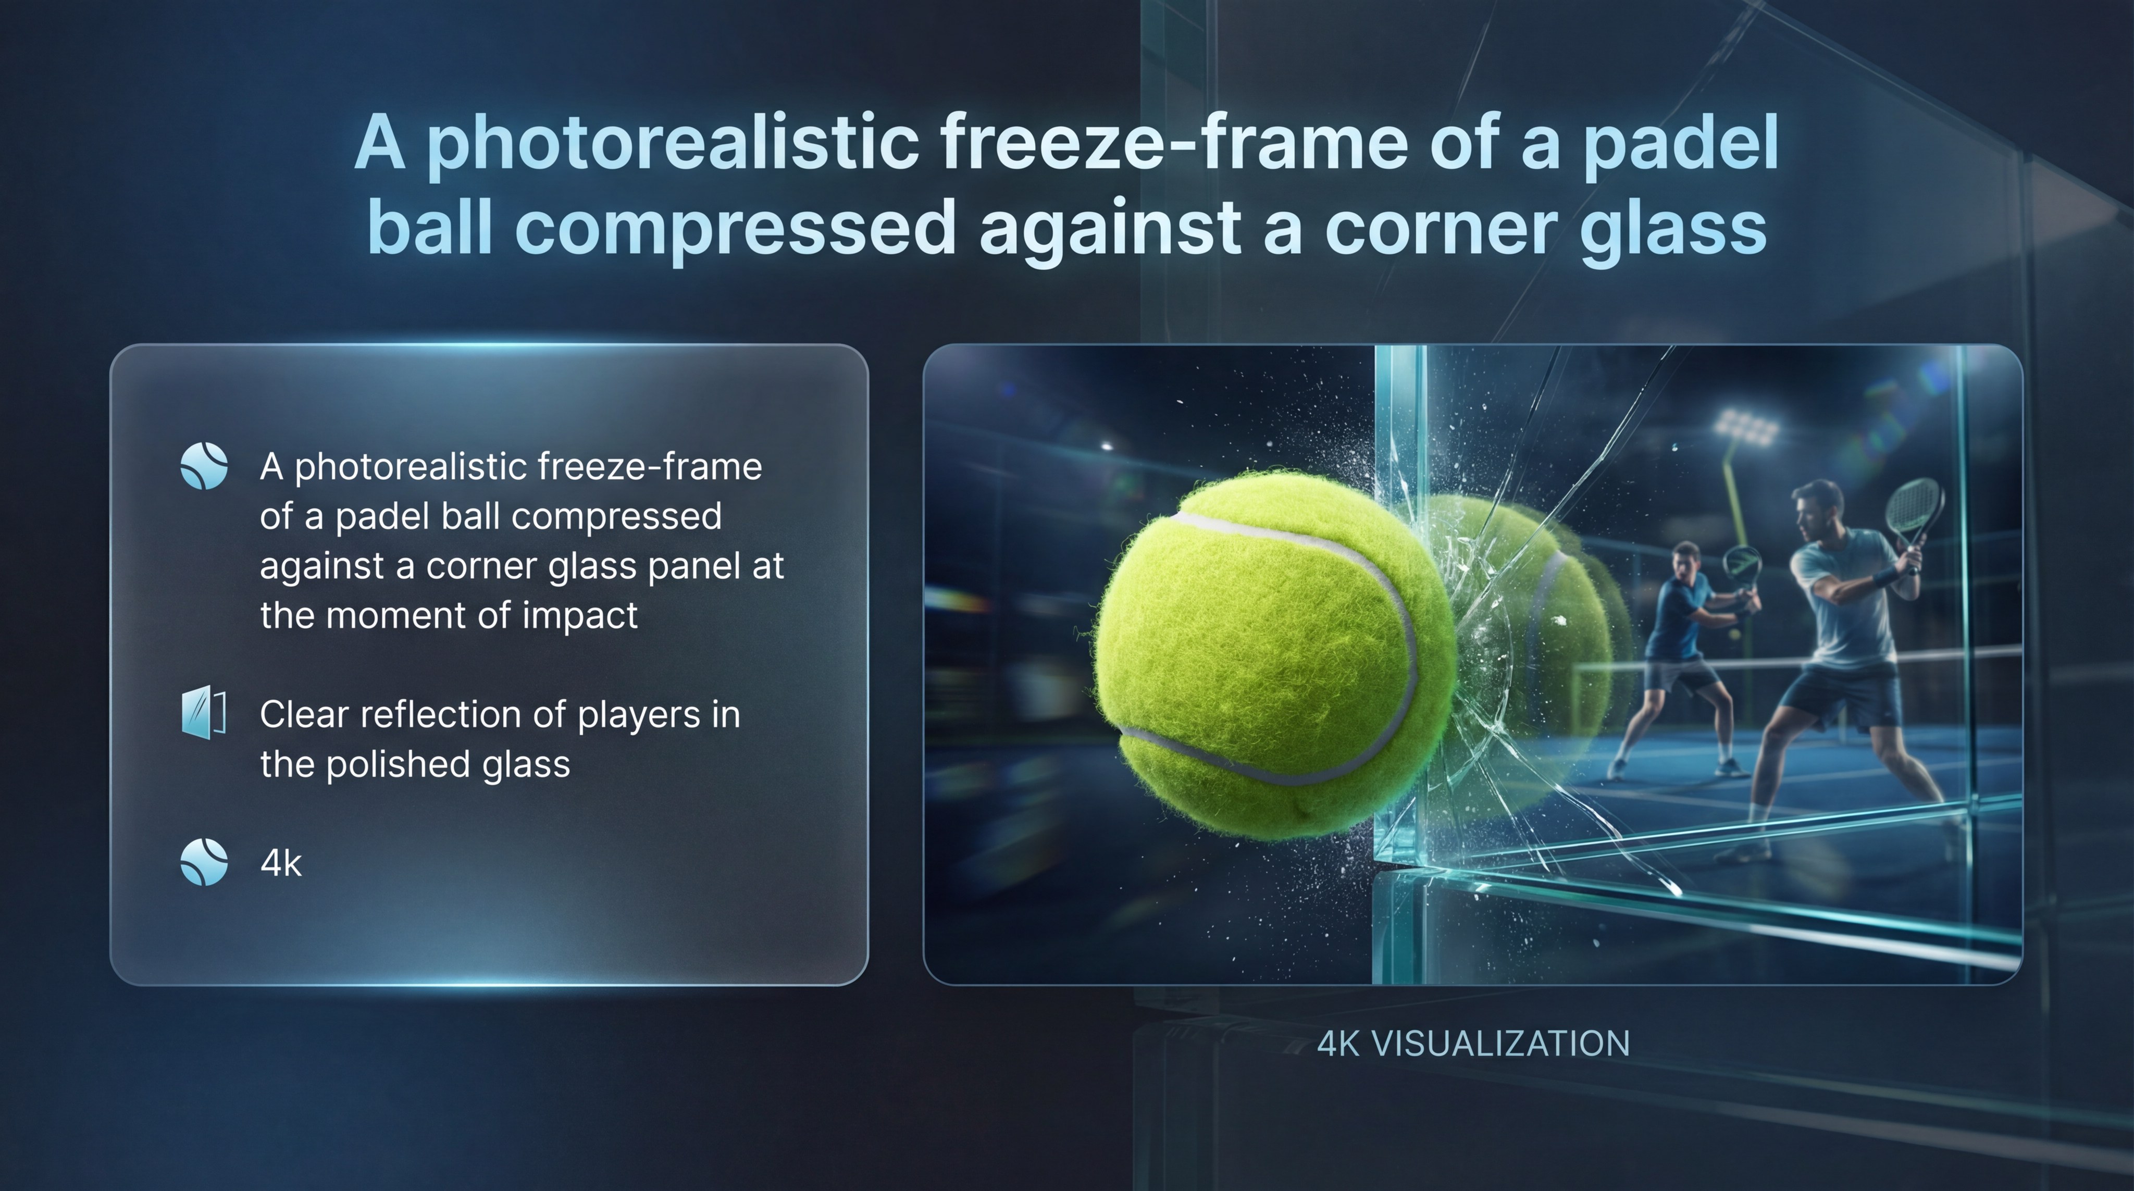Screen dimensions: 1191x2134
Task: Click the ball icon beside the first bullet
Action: pyautogui.click(x=204, y=466)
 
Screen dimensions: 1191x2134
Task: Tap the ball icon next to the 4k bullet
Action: pyautogui.click(x=204, y=862)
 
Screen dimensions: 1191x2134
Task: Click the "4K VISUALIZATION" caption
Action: pyautogui.click(x=1473, y=1044)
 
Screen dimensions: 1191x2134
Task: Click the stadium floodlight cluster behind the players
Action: pyautogui.click(x=1746, y=427)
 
